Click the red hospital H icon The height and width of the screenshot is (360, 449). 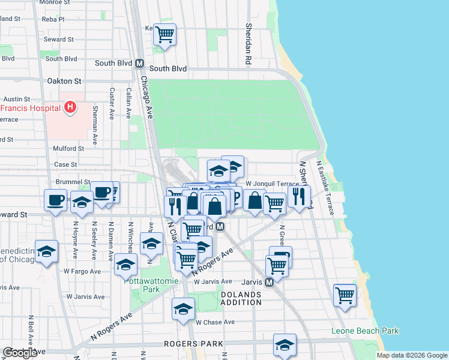(x=70, y=108)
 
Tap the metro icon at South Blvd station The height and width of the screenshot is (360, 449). (x=139, y=63)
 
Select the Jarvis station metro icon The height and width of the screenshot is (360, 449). (x=270, y=281)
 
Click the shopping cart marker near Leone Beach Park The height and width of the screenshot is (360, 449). (x=345, y=295)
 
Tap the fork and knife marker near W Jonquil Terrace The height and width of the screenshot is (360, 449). (x=299, y=195)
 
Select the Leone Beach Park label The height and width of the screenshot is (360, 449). (x=365, y=331)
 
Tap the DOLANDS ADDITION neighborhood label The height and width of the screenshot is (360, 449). (x=241, y=298)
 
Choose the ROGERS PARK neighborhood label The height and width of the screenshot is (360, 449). (x=194, y=344)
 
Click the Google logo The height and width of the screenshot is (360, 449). (x=20, y=353)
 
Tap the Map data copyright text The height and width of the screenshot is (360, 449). (x=412, y=355)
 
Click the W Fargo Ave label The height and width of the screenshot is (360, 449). (x=81, y=271)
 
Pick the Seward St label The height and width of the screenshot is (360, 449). (x=59, y=40)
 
